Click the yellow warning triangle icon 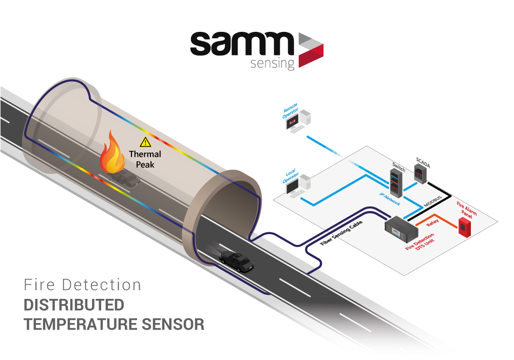tap(145, 142)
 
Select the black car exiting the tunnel tap(237, 261)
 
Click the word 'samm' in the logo tap(241, 45)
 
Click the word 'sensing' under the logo tap(273, 64)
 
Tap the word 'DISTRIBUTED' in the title tap(74, 305)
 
